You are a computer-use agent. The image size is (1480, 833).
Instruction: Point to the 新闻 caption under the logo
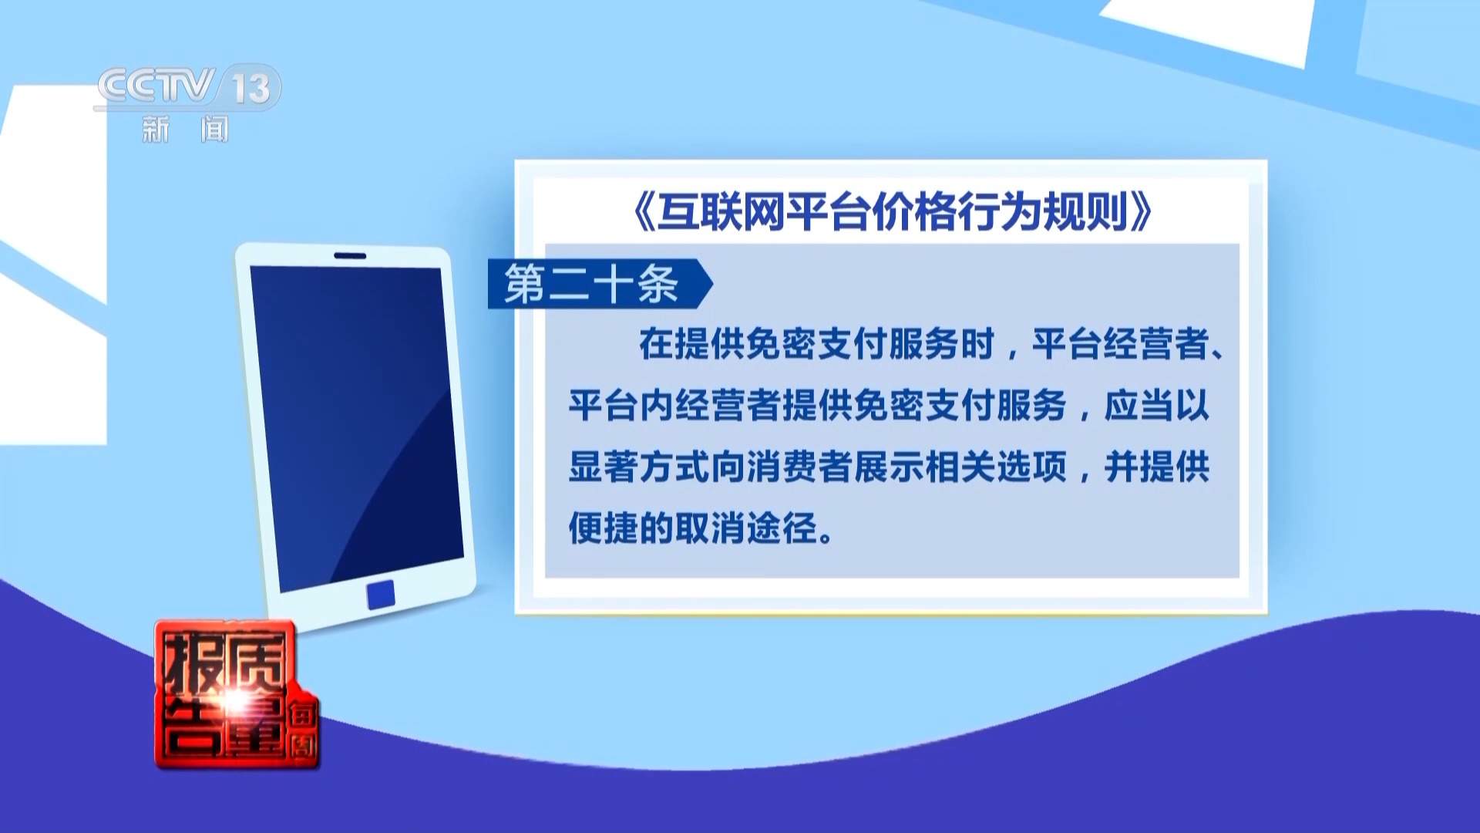click(x=185, y=130)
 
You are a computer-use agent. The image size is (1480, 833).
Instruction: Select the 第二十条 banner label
click(x=592, y=284)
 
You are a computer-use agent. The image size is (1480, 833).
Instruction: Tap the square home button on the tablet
click(x=381, y=594)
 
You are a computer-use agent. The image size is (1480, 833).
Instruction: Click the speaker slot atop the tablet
click(x=349, y=255)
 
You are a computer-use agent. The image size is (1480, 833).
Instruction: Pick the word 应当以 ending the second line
click(x=1156, y=406)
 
